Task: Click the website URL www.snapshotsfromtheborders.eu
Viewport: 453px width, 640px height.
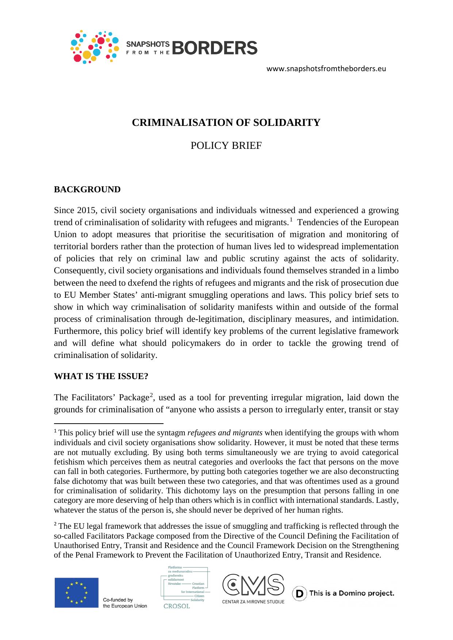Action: [x=326, y=69]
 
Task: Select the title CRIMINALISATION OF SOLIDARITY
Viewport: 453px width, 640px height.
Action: [x=226, y=123]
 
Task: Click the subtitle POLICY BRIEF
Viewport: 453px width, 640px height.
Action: [x=226, y=146]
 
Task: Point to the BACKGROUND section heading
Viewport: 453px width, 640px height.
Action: [x=87, y=189]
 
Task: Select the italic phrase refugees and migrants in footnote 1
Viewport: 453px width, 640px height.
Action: [x=224, y=433]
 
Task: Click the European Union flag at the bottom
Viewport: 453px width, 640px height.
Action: [x=77, y=593]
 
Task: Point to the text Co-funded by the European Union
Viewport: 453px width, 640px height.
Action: [x=125, y=603]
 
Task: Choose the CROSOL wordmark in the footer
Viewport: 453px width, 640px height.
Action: [x=177, y=606]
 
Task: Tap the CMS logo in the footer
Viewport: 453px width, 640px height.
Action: [x=253, y=585]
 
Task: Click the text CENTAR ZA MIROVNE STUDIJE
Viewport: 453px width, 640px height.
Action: [x=253, y=601]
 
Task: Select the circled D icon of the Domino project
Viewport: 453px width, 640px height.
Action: [x=299, y=594]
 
